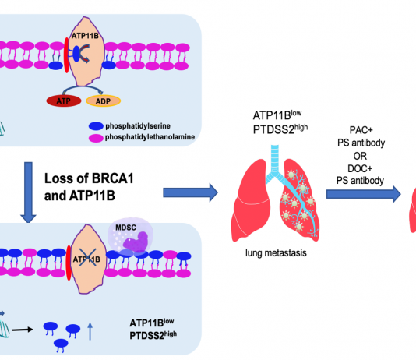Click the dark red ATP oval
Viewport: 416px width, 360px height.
(64, 101)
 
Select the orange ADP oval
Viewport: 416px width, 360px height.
(103, 101)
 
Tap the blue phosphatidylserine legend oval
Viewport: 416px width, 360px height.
(96, 126)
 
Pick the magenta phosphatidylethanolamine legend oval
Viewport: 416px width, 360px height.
(96, 138)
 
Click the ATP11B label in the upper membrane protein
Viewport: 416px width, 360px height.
(85, 36)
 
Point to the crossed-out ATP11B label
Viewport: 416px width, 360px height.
(86, 259)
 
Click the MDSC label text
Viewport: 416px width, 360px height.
(125, 228)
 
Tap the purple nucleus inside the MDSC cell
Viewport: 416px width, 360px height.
(136, 242)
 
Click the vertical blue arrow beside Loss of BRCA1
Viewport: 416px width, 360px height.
(28, 192)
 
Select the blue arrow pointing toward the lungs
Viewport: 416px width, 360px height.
(191, 192)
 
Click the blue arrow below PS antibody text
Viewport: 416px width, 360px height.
(364, 194)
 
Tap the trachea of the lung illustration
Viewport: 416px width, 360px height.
(275, 159)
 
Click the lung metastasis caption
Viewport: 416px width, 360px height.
(276, 252)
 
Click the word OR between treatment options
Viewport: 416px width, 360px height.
(360, 156)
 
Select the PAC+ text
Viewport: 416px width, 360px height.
(361, 130)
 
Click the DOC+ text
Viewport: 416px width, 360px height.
(360, 168)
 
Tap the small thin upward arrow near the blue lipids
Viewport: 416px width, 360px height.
(90, 331)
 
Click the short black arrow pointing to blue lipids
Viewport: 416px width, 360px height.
(23, 330)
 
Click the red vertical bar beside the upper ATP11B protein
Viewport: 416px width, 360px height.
(67, 55)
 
